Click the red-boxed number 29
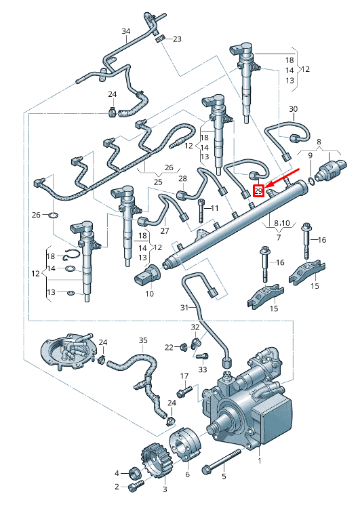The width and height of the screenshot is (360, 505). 258,191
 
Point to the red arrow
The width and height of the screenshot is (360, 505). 282,176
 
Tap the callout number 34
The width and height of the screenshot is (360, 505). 126,31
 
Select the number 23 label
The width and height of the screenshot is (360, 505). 178,39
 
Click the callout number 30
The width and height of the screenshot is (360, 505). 294,109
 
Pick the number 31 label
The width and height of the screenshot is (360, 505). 184,308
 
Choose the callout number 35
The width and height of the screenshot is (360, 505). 143,340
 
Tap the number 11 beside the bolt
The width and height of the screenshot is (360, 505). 214,208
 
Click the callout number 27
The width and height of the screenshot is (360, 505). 165,231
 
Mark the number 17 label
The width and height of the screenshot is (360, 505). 184,376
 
